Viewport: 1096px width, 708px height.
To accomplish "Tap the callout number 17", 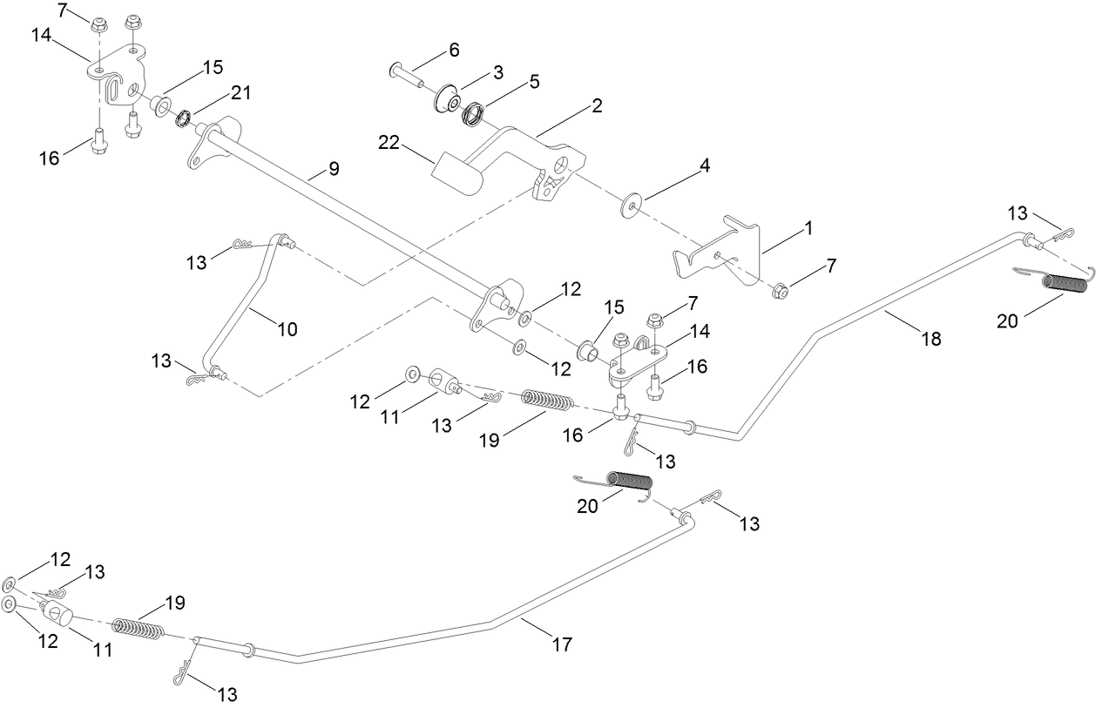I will point(562,644).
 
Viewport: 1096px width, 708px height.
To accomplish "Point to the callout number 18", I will point(931,339).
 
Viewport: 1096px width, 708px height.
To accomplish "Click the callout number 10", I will point(287,329).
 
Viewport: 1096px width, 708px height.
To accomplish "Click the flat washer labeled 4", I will point(628,207).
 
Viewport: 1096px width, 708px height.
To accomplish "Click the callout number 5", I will point(534,81).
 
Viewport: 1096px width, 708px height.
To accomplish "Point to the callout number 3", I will point(497,72).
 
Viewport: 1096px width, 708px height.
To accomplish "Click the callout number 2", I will point(597,106).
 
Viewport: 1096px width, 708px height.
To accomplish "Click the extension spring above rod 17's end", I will point(628,481).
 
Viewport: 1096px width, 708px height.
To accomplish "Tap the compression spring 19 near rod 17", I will point(139,628).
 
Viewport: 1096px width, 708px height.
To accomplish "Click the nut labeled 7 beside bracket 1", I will point(781,290).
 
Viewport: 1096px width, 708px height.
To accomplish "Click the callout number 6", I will point(454,50).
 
